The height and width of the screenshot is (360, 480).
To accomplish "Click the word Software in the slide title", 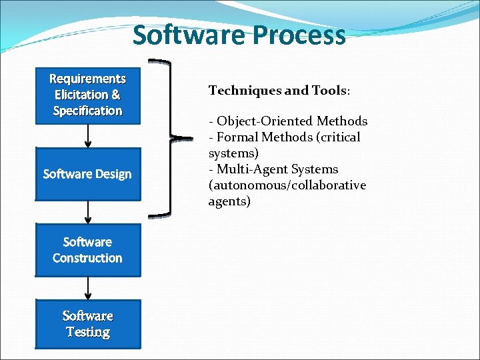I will (x=183, y=35).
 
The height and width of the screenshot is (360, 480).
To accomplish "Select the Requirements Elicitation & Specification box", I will (x=88, y=95).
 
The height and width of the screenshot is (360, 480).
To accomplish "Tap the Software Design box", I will (x=88, y=174).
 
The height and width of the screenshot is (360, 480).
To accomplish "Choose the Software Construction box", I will (x=88, y=250).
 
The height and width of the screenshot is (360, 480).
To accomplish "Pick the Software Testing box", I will (x=88, y=324).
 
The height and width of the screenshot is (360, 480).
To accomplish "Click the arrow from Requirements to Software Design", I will (x=88, y=136).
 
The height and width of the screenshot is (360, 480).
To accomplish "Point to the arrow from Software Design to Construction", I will (x=88, y=212).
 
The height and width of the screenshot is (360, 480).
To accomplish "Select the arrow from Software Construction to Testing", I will (x=88, y=288).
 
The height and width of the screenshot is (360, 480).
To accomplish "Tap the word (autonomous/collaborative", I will (x=287, y=185).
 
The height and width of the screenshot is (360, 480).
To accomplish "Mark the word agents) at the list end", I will (x=229, y=201).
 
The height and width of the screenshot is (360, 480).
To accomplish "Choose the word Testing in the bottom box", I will (x=88, y=332).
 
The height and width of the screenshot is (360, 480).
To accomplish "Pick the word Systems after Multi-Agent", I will (x=315, y=169).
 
